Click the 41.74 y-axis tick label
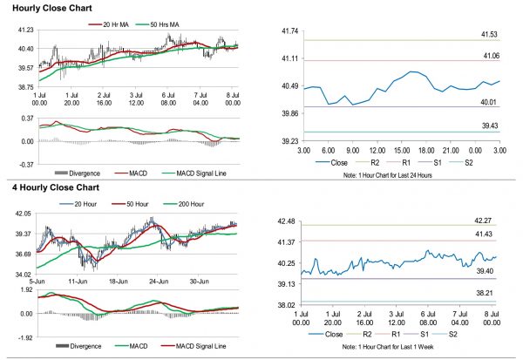[x=290, y=31]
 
